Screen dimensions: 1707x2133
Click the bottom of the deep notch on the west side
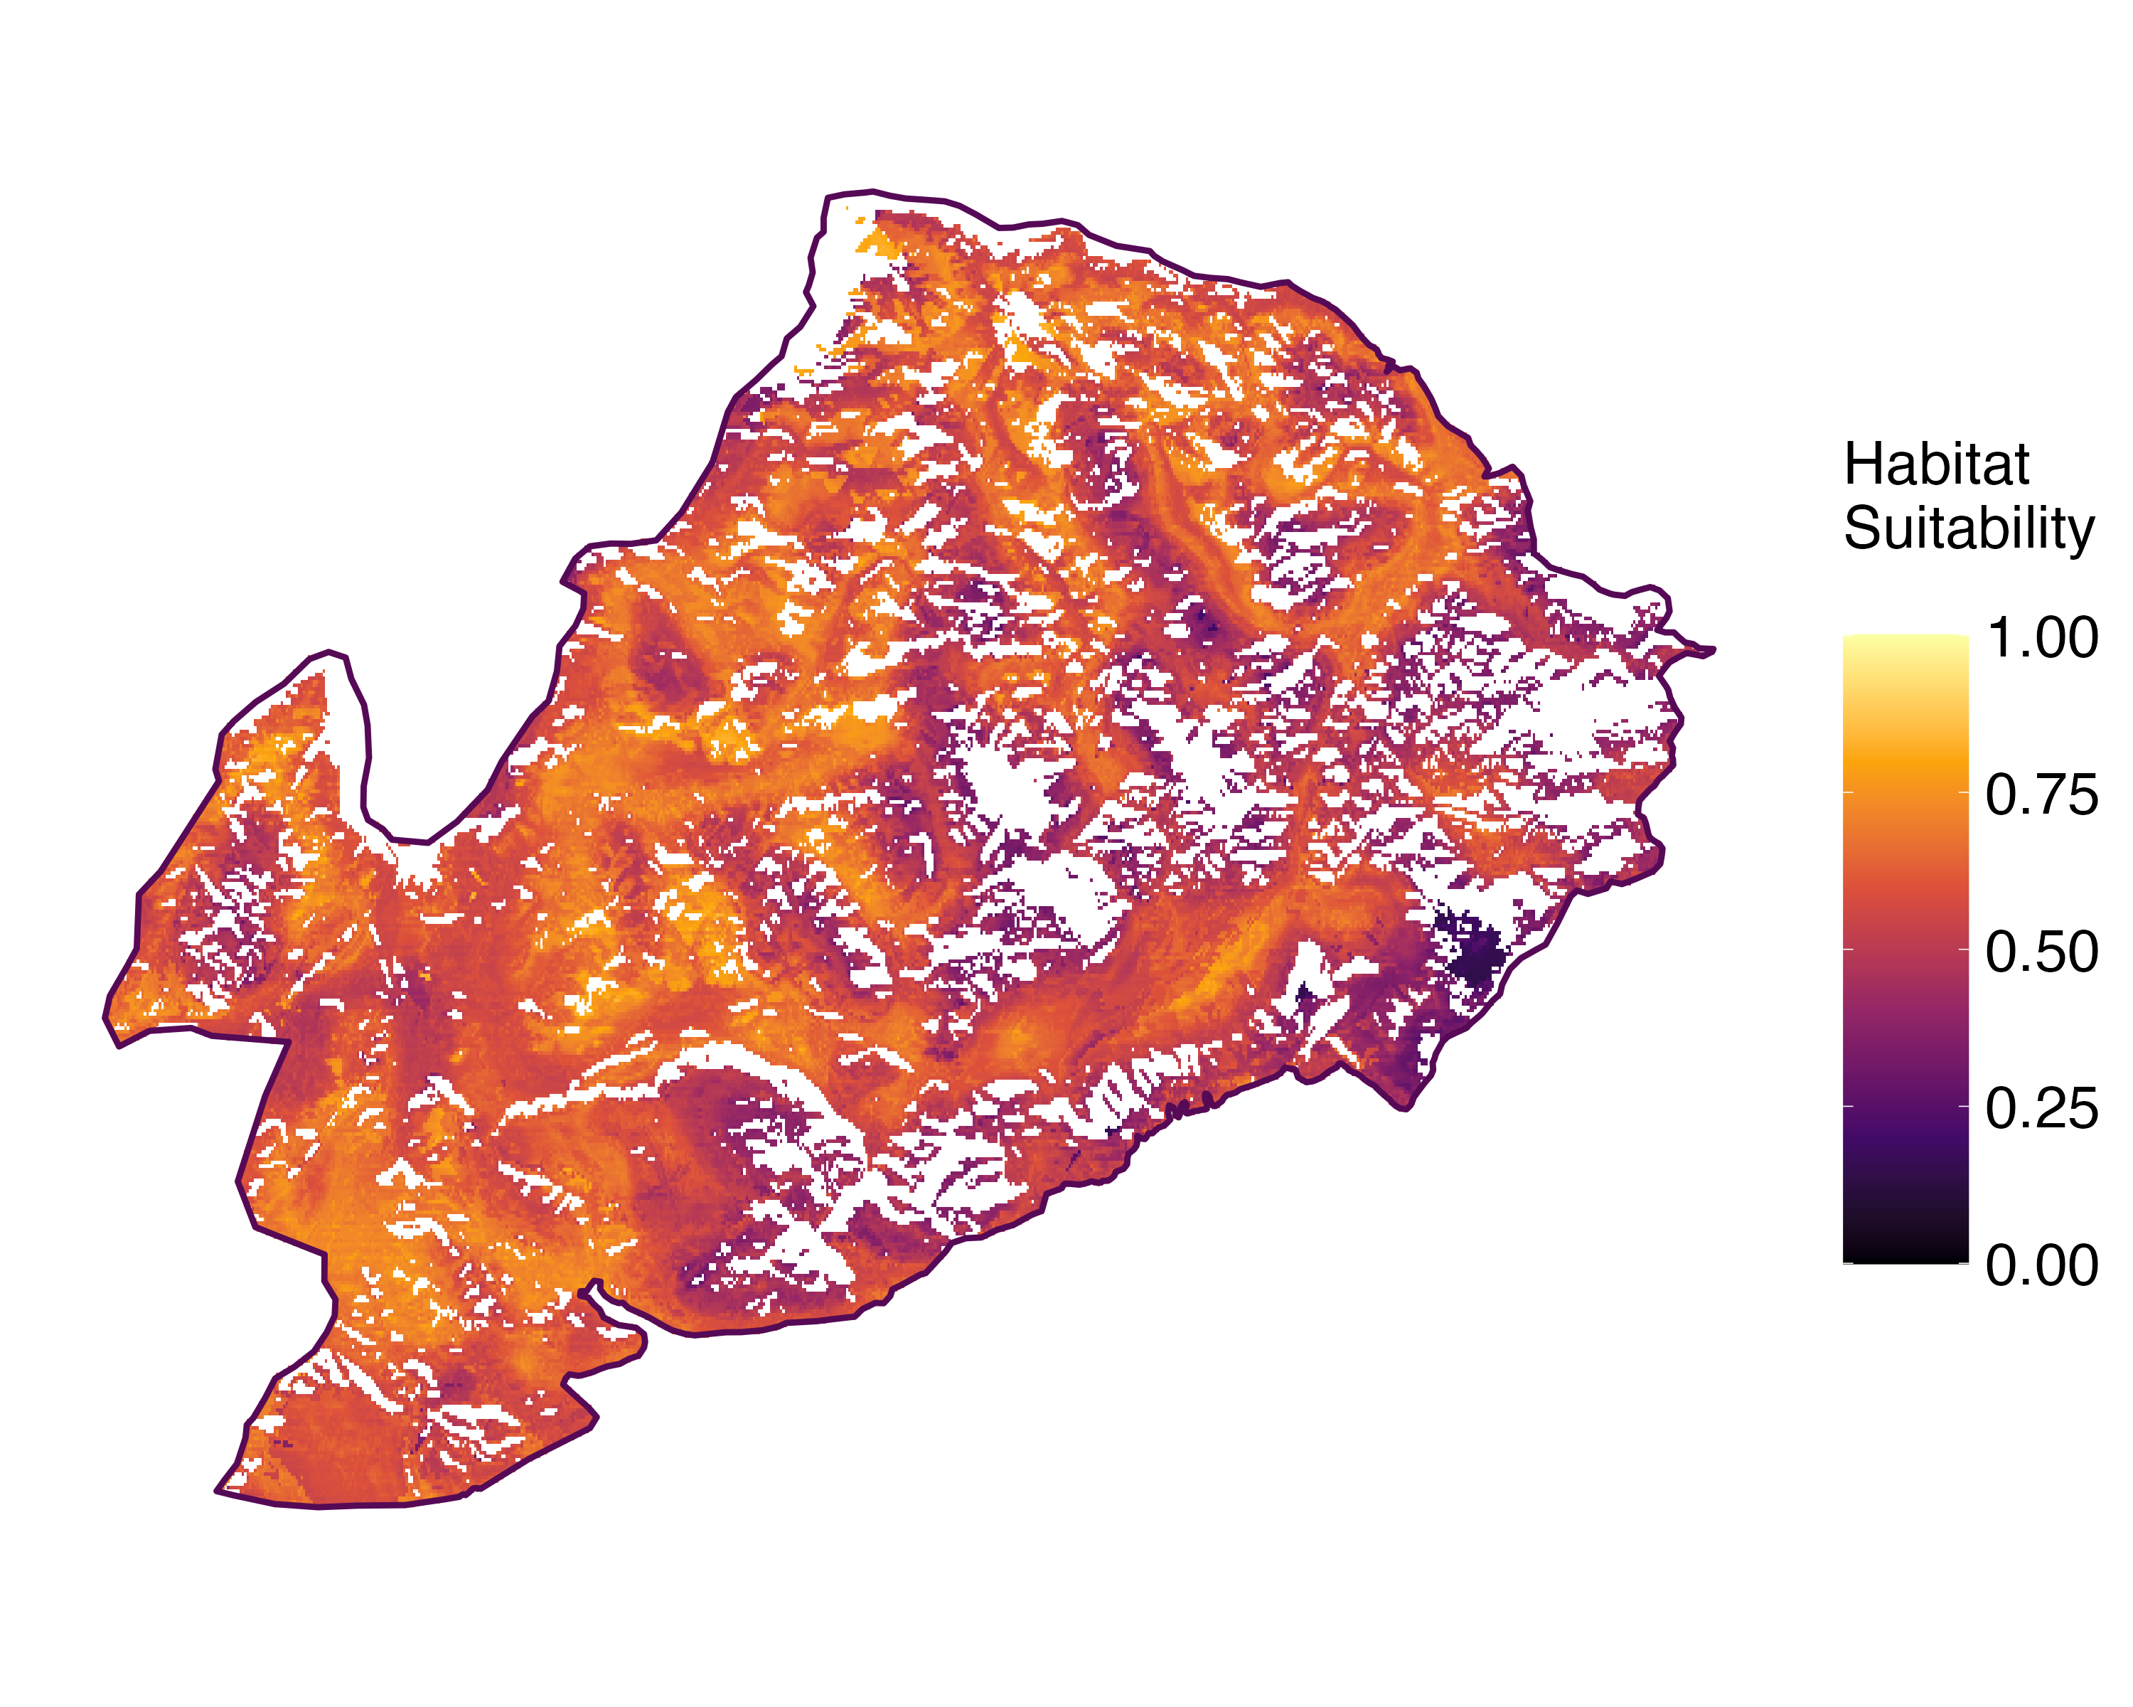click(x=415, y=842)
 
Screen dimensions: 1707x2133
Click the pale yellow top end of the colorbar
click(x=1905, y=638)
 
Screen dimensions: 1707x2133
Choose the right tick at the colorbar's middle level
click(x=1964, y=949)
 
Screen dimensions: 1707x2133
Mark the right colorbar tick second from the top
click(x=1964, y=792)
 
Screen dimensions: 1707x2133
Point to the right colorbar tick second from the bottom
click(x=1964, y=1106)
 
